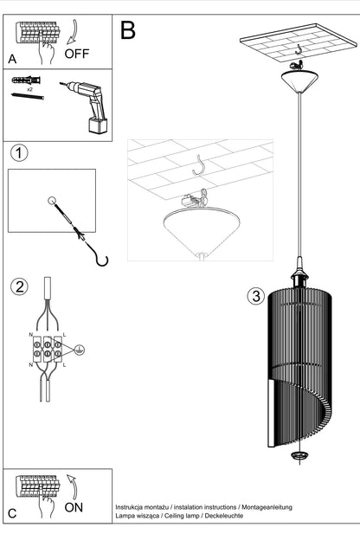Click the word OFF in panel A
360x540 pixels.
pos(76,54)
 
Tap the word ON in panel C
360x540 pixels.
pos(74,507)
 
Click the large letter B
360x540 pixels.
pos(128,29)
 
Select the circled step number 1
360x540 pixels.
pos(19,153)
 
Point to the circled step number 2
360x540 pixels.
pos(19,286)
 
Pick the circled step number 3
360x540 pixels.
pos(256,296)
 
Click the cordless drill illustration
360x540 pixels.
pos(87,105)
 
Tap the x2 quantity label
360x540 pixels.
pos(29,89)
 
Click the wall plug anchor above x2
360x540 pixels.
pos(26,80)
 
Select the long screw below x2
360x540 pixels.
pos(28,96)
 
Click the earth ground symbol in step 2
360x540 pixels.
pos(80,350)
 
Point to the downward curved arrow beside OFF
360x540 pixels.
pos(73,33)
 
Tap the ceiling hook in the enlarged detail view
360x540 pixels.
pos(199,164)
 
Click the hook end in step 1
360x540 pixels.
pos(102,261)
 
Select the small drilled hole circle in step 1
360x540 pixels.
pos(52,201)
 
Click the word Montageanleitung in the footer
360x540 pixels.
pos(267,507)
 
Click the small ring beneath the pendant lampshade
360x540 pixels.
pos(299,455)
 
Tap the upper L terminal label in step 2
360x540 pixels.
pos(64,335)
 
